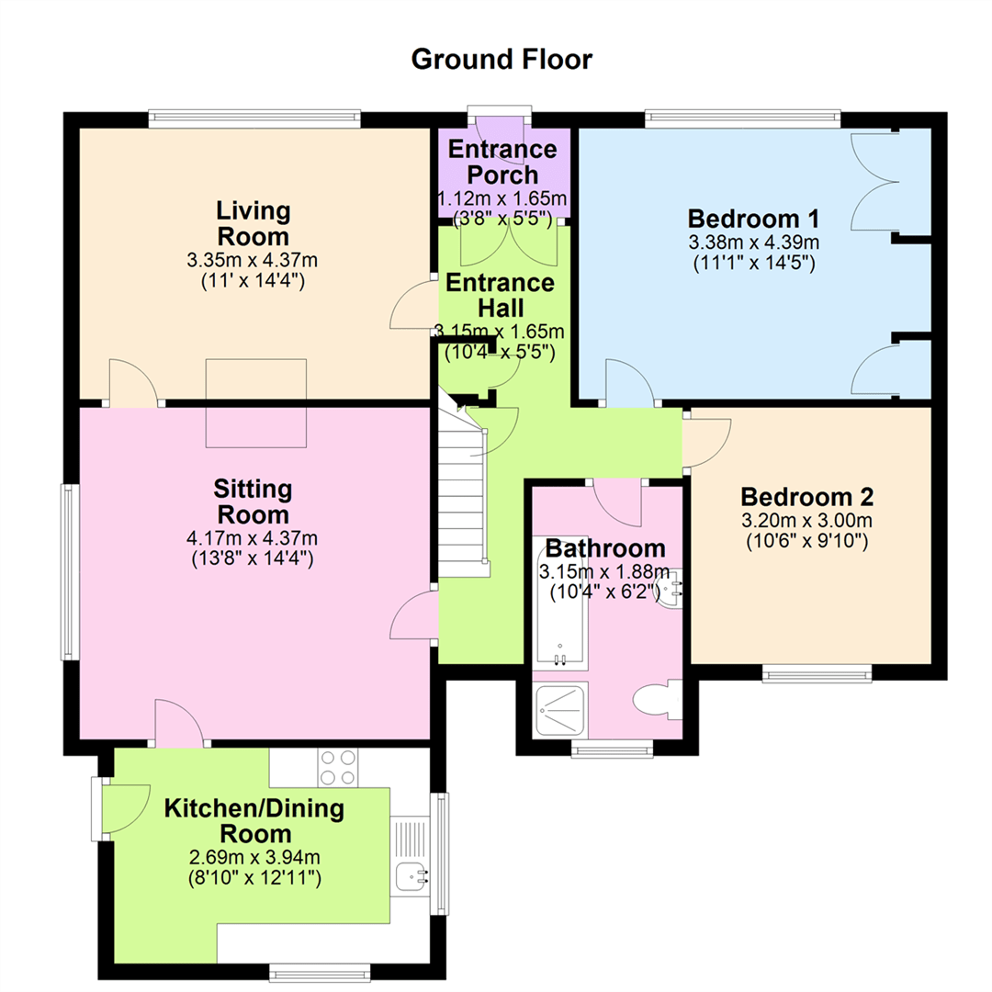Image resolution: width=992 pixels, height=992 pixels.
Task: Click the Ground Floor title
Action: (x=502, y=60)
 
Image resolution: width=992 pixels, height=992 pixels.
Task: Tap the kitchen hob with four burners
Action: (x=338, y=767)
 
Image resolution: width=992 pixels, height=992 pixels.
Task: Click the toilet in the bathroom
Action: (x=658, y=700)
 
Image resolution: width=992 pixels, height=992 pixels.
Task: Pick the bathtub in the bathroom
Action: (x=560, y=603)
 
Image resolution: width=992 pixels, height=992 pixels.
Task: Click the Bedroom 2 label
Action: (x=807, y=497)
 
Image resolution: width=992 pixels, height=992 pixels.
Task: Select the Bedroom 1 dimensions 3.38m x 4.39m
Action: (x=753, y=242)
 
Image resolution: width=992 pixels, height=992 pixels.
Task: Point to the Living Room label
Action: (x=254, y=223)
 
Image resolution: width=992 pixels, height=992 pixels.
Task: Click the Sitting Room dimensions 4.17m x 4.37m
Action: (x=252, y=538)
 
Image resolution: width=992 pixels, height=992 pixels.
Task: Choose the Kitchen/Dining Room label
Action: (x=254, y=820)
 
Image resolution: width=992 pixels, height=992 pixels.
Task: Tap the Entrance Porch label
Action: (x=502, y=162)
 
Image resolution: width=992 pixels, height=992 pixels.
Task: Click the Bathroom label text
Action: (x=605, y=547)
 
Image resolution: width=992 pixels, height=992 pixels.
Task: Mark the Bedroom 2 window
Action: (x=817, y=673)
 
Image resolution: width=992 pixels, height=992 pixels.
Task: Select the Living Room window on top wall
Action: (x=255, y=119)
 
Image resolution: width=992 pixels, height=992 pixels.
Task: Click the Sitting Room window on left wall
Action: (x=70, y=572)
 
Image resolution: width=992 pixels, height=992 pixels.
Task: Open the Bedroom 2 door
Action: (x=706, y=442)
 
